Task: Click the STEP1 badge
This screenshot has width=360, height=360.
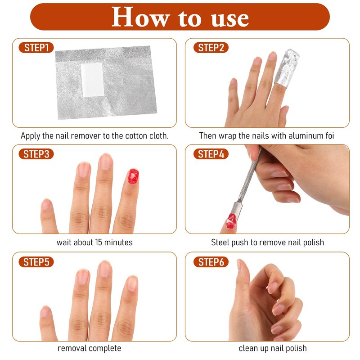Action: pos(36,48)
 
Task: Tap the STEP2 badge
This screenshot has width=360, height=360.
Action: pos(211,48)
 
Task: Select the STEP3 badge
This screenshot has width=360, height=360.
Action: pos(36,154)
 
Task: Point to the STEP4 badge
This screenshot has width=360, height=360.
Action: pos(211,154)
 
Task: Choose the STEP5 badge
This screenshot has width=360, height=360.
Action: pos(36,262)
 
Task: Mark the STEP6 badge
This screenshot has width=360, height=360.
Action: pos(211,262)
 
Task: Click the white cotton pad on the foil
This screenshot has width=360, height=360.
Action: pos(93,80)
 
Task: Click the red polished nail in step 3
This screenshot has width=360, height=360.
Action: pos(133,176)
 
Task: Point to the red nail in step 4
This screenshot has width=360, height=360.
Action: pos(231,221)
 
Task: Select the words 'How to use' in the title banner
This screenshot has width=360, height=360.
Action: pos(180,17)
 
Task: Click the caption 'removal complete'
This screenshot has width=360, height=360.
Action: pos(89,348)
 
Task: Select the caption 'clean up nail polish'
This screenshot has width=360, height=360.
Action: pos(273,348)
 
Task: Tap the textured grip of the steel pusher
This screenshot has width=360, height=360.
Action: pos(249,178)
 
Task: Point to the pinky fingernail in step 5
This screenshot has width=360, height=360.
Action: pos(45,311)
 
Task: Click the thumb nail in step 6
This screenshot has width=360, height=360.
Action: pos(239,265)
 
